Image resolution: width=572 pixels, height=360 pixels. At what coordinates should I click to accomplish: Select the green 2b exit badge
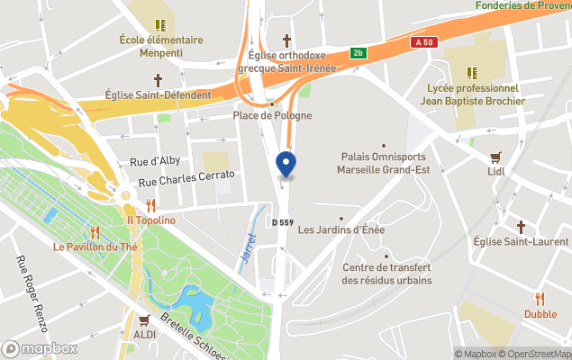click(x=359, y=53)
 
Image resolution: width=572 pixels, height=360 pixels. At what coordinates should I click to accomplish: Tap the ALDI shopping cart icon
click(x=143, y=319)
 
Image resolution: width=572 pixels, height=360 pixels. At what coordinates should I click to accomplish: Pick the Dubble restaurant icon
click(x=540, y=299)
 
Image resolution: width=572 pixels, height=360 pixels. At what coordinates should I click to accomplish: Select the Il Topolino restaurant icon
click(x=150, y=205)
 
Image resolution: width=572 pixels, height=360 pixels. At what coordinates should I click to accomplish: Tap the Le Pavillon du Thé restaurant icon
click(x=95, y=232)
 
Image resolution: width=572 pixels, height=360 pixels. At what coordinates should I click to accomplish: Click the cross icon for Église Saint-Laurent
click(x=521, y=227)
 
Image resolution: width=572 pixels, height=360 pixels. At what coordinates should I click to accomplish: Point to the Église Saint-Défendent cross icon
click(x=158, y=80)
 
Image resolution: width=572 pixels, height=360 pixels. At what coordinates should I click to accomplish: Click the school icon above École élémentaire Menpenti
click(x=160, y=25)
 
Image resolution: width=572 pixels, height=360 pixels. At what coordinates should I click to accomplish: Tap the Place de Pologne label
click(x=273, y=115)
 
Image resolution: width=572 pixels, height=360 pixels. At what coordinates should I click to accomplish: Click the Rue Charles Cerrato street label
click(x=186, y=178)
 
